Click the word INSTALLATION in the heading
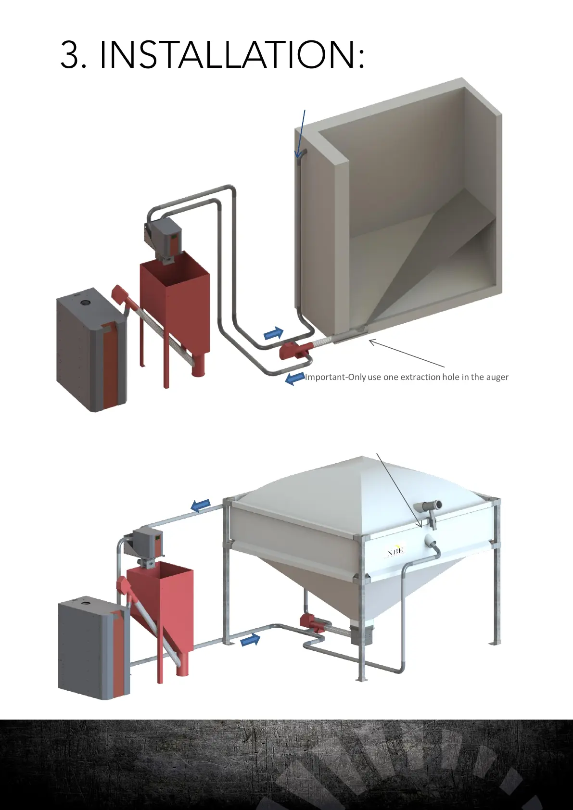[x=232, y=54]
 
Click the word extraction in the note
[x=420, y=377]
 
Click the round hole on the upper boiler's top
[x=85, y=303]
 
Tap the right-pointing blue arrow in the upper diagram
[x=274, y=333]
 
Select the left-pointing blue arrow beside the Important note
[x=294, y=379]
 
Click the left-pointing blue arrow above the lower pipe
[x=201, y=505]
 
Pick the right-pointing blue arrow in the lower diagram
[x=250, y=639]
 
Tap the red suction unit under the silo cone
[x=312, y=623]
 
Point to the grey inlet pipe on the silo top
[x=430, y=506]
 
